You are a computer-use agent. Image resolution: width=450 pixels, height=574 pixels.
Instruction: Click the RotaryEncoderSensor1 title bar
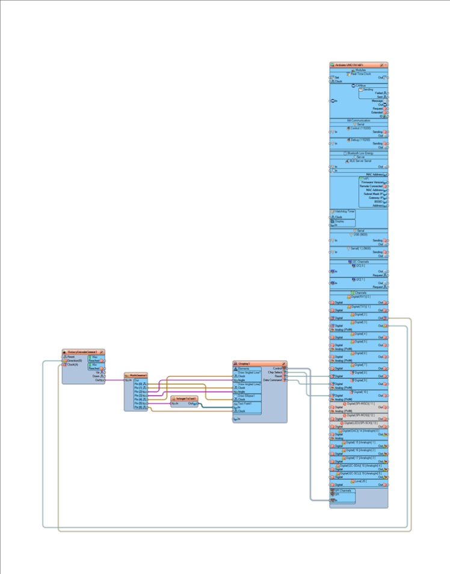(x=82, y=352)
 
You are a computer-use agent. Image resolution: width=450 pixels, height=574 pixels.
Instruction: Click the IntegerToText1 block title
(x=185, y=398)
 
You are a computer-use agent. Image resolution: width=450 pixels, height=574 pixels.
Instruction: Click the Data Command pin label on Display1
(x=273, y=380)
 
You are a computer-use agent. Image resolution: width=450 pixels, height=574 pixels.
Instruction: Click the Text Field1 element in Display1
(x=245, y=403)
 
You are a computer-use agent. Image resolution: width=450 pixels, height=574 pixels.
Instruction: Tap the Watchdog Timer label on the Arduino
(x=344, y=212)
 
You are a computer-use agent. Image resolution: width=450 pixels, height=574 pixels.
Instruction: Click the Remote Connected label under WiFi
(x=372, y=186)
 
